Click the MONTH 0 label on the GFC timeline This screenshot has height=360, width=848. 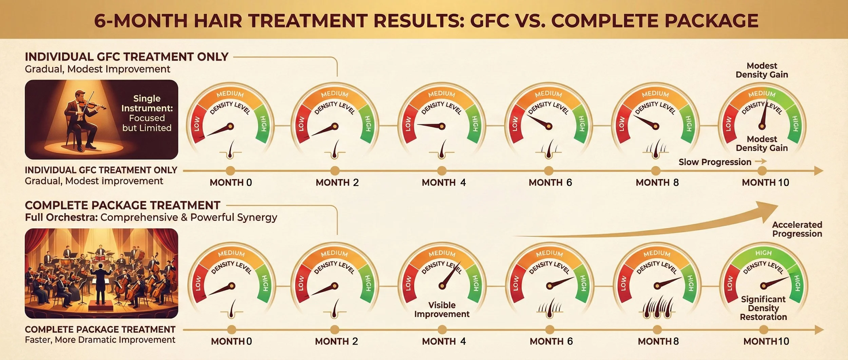point(231,183)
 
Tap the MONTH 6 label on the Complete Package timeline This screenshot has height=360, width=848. point(551,341)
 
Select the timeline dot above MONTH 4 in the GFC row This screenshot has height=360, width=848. point(442,171)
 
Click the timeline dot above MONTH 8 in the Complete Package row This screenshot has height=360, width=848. point(657,329)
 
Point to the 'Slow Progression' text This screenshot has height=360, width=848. point(715,162)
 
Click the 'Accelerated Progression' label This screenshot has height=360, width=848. point(797,229)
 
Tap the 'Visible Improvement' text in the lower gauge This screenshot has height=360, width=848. point(442,309)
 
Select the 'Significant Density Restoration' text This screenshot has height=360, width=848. point(763,308)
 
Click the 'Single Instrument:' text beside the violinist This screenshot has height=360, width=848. point(147,103)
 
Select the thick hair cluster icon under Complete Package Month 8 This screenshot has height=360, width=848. point(657,307)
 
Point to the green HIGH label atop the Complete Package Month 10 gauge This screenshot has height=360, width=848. point(763,253)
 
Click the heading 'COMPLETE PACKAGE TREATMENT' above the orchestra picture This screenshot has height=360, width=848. point(122,205)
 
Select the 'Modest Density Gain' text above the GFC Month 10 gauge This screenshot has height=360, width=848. point(762,70)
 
